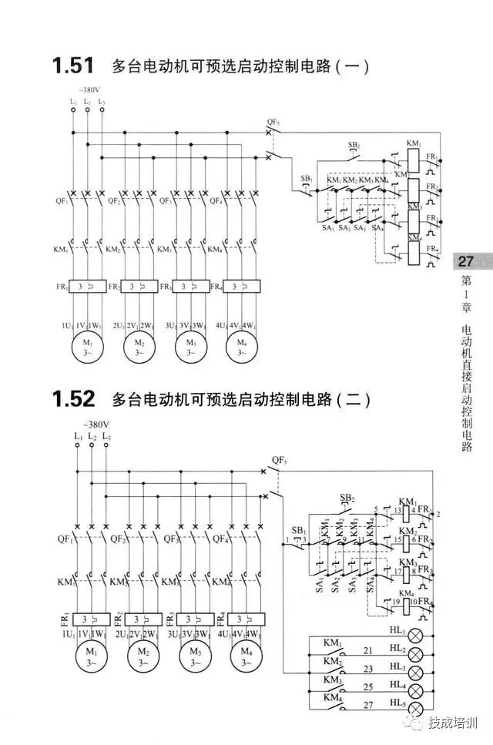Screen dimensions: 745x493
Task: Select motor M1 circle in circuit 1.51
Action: point(87,347)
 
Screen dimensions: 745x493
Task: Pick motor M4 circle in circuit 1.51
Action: point(242,347)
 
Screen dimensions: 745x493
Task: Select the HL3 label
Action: point(398,666)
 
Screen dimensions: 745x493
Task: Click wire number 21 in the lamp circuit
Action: point(368,651)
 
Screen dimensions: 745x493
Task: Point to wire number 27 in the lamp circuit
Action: point(368,705)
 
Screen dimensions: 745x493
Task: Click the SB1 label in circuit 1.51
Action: point(307,179)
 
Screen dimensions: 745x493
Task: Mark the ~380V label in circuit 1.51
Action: point(87,89)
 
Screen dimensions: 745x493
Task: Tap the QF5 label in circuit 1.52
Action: point(279,461)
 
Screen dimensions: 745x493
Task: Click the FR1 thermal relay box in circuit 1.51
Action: point(87,286)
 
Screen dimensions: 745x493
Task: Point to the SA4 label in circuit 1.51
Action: point(377,229)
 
